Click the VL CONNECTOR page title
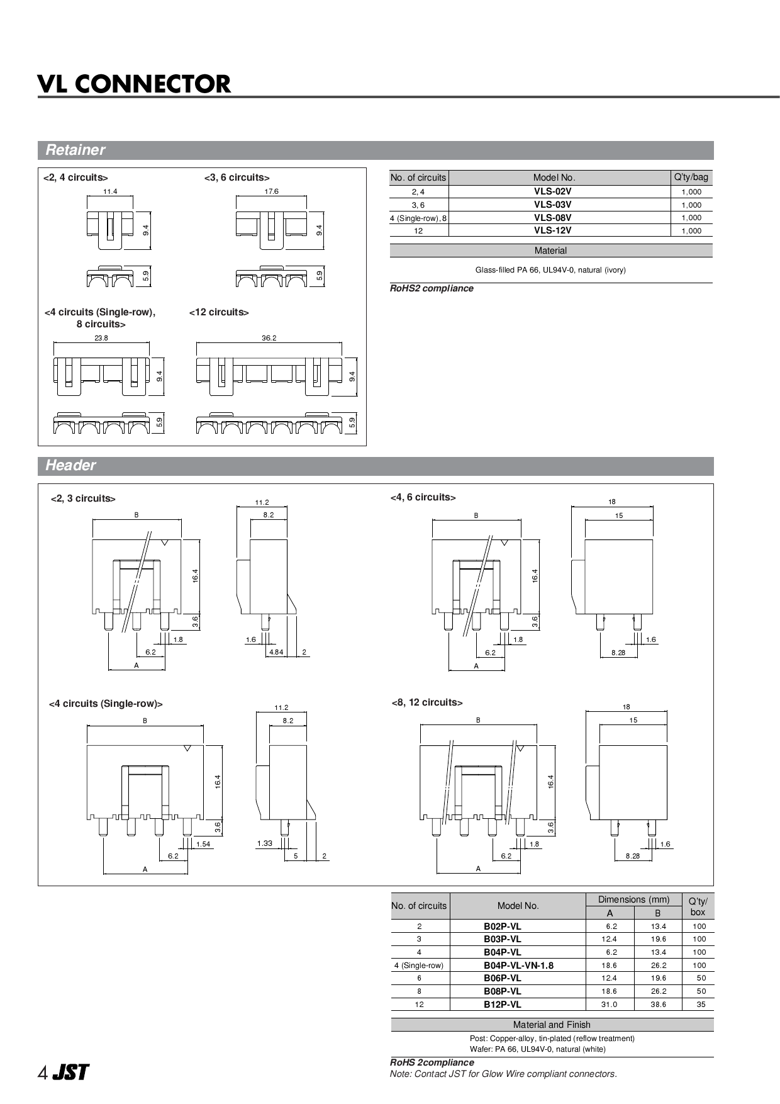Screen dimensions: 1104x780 (134, 84)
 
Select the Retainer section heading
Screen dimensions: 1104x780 (75, 150)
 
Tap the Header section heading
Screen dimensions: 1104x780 (70, 465)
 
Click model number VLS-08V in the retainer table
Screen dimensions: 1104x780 (552, 218)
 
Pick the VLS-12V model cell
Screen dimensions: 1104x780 (552, 230)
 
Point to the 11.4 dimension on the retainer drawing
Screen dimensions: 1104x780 (109, 191)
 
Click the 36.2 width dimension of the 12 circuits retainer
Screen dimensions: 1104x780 (269, 338)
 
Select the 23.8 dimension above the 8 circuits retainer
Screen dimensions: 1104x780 (101, 338)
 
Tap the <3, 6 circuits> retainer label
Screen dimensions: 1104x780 (237, 177)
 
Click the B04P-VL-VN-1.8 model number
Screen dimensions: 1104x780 (518, 965)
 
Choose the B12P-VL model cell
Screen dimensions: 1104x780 (502, 1005)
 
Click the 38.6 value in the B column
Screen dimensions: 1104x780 (658, 1005)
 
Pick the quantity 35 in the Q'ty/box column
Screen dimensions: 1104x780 (701, 1005)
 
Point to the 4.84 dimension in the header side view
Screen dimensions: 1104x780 (276, 652)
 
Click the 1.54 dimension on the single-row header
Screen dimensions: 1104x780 (203, 844)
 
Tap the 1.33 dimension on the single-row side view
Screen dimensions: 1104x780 (265, 843)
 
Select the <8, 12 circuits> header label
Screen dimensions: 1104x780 (426, 702)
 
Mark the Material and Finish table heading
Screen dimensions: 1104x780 (551, 1025)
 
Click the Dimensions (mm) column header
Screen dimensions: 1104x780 (633, 899)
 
